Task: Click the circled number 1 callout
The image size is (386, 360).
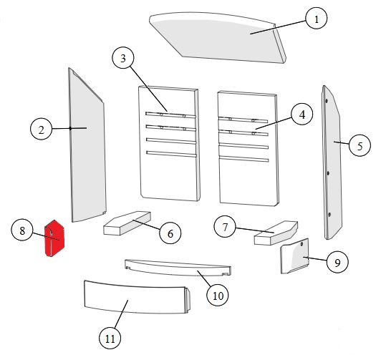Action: pyautogui.click(x=317, y=18)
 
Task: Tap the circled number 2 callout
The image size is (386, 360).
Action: pyautogui.click(x=41, y=129)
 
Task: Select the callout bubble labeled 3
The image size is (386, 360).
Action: pyautogui.click(x=123, y=58)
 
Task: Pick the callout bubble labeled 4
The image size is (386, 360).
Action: pyautogui.click(x=301, y=115)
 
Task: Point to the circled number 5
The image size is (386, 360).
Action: pyautogui.click(x=360, y=146)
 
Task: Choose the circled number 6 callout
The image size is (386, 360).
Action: pyautogui.click(x=170, y=233)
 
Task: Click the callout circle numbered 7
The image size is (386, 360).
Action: pyautogui.click(x=225, y=227)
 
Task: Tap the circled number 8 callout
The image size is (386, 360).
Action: pyautogui.click(x=22, y=230)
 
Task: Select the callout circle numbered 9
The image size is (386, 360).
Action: pyautogui.click(x=337, y=262)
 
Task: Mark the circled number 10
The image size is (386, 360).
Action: pyautogui.click(x=218, y=296)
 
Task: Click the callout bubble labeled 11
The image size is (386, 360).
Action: pyautogui.click(x=110, y=339)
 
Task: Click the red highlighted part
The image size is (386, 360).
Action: pyautogui.click(x=54, y=238)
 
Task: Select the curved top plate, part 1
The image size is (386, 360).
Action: pyautogui.click(x=216, y=37)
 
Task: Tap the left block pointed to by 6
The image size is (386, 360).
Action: pyautogui.click(x=127, y=223)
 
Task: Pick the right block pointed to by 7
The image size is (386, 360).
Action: pyautogui.click(x=276, y=233)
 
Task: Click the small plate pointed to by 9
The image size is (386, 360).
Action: pyautogui.click(x=294, y=256)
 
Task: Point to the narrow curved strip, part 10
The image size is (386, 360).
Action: pyautogui.click(x=178, y=268)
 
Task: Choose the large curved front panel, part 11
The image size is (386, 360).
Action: pyautogui.click(x=137, y=297)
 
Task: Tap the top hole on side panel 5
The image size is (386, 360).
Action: pyautogui.click(x=327, y=101)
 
